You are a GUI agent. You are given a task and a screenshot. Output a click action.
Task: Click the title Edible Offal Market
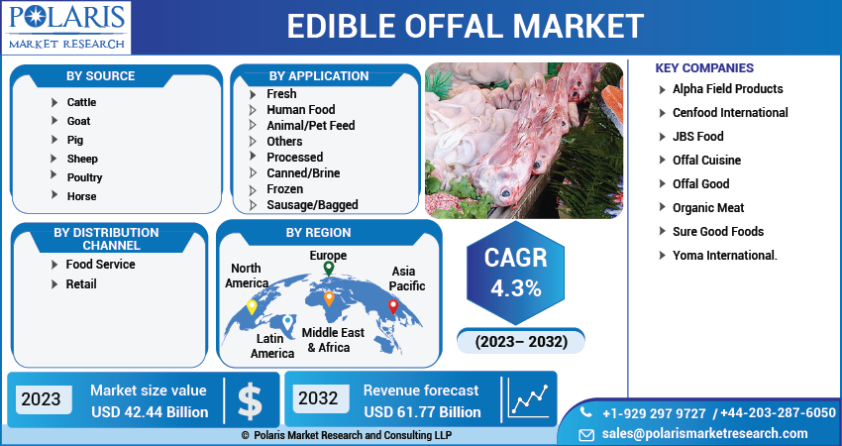coord(465,26)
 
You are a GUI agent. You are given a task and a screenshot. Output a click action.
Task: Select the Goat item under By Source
coord(78,121)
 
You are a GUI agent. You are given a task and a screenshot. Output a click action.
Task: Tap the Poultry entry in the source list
coord(84,177)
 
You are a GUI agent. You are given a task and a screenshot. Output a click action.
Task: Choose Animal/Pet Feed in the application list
coord(310,126)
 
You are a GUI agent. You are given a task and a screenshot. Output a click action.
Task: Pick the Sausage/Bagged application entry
coord(312,205)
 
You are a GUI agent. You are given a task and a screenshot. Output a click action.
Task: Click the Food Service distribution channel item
coord(100,265)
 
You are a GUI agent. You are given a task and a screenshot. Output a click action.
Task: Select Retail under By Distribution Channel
coord(81,284)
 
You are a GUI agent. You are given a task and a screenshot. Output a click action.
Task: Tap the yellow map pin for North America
coord(252,306)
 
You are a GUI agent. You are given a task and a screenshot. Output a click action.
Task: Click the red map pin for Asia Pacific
coord(392,306)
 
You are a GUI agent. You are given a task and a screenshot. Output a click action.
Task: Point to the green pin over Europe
coord(329,269)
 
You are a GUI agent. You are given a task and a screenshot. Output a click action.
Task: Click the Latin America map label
coord(271,346)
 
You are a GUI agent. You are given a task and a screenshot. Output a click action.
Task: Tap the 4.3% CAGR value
coord(515,289)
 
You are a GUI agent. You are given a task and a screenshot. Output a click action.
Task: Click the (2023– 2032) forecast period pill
coord(521,342)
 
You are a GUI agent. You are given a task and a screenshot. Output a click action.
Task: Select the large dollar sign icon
coord(251,399)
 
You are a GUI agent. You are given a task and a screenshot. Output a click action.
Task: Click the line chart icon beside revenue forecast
coord(529,399)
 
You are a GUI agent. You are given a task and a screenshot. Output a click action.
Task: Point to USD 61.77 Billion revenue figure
coord(422,411)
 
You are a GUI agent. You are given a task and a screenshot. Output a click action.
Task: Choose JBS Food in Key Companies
coord(697,137)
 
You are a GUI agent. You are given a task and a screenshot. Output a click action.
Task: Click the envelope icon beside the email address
coord(586,434)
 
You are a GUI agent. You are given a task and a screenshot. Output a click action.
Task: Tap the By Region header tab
coord(318,233)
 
